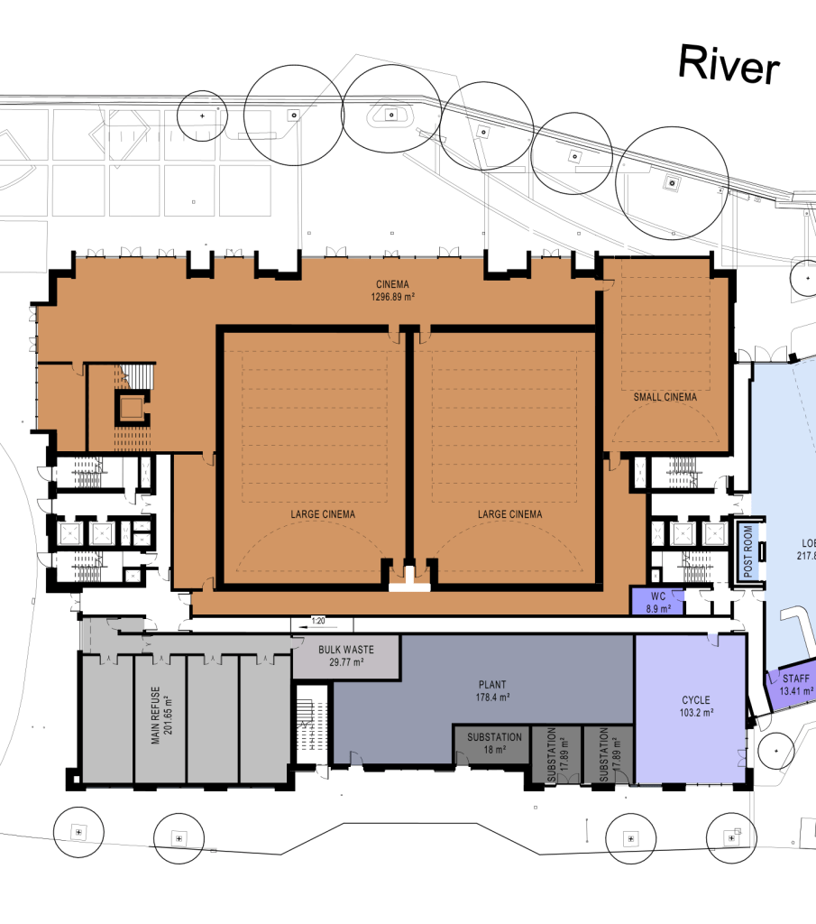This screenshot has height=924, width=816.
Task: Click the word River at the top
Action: point(728,65)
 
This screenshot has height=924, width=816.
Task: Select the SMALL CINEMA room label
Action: point(665,397)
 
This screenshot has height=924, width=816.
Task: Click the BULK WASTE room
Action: point(346,655)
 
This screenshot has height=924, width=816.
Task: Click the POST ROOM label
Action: point(747,553)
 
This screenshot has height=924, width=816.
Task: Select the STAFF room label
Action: point(795,679)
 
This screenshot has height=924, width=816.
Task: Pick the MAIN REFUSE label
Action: point(155,716)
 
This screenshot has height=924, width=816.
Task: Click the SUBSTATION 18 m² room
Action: point(494,744)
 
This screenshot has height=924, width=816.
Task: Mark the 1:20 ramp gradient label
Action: point(317,621)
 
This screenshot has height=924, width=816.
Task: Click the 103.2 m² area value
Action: point(695,712)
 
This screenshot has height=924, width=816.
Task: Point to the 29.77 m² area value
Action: point(346,662)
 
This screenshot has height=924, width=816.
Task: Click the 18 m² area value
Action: point(494,750)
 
